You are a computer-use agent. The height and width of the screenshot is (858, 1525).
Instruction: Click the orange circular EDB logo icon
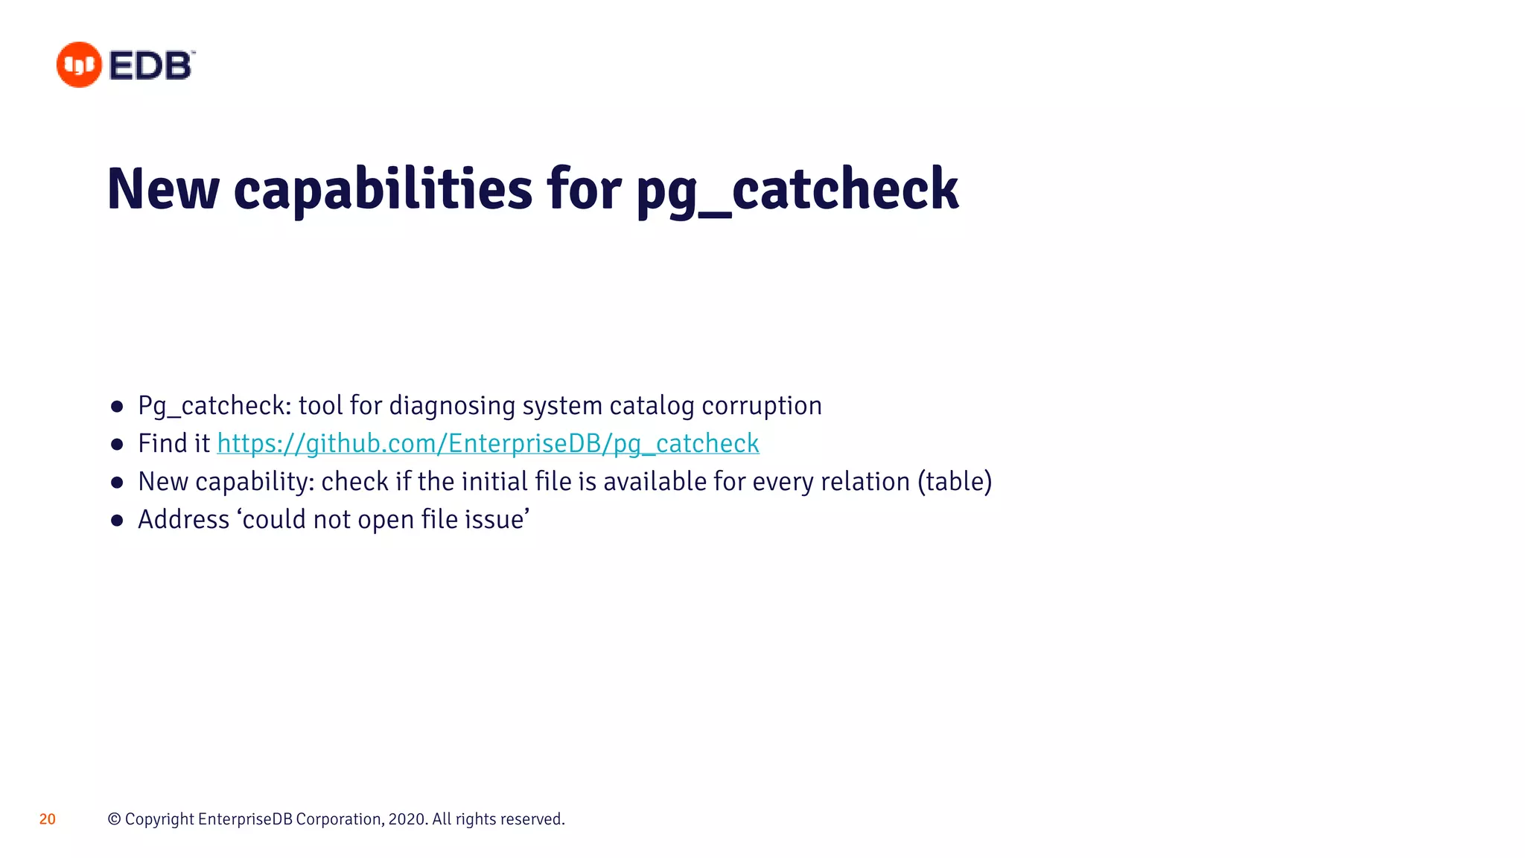point(79,65)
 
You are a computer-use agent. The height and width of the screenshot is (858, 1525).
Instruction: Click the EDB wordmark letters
point(151,66)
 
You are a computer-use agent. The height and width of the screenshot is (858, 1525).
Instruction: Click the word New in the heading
point(163,189)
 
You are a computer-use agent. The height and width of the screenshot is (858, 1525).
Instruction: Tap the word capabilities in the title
point(383,189)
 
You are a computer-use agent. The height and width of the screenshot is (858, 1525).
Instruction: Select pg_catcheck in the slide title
point(797,189)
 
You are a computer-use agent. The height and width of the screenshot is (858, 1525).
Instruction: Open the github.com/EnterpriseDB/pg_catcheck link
point(488,444)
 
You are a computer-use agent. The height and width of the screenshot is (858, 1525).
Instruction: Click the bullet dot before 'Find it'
point(117,445)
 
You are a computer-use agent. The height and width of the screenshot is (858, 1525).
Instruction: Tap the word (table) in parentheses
point(955,482)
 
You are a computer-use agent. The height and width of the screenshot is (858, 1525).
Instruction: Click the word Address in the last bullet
point(184,520)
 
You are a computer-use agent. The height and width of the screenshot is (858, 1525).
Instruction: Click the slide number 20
point(48,819)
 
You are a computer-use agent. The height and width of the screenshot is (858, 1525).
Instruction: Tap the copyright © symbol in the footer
point(114,819)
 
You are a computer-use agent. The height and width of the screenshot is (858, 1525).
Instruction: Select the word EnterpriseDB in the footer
point(246,819)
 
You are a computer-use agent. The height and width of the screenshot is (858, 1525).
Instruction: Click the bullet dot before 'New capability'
point(117,483)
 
